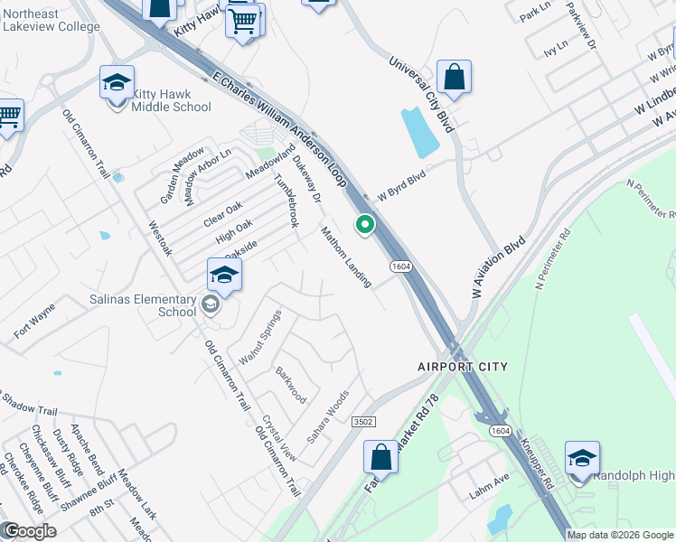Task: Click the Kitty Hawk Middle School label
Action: pyautogui.click(x=172, y=100)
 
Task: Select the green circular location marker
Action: pyautogui.click(x=365, y=225)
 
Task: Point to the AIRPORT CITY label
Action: pyautogui.click(x=463, y=367)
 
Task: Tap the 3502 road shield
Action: pyautogui.click(x=364, y=422)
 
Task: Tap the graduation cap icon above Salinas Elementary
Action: pyautogui.click(x=224, y=276)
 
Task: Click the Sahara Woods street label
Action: pyautogui.click(x=327, y=416)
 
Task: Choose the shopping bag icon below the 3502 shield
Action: pyautogui.click(x=381, y=457)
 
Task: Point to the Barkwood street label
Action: pyautogui.click(x=291, y=385)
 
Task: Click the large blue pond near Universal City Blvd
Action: pyautogui.click(x=419, y=132)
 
